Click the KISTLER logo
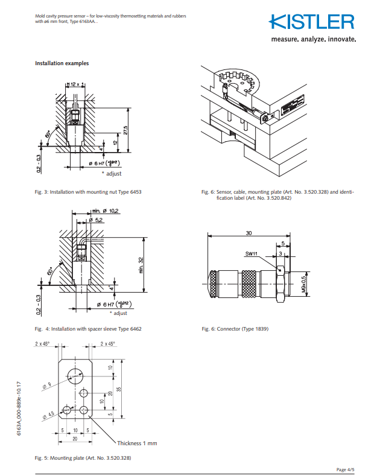click(x=312, y=22)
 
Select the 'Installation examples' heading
click(x=62, y=63)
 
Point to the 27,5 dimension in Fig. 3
click(x=125, y=130)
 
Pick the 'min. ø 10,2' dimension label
click(x=105, y=211)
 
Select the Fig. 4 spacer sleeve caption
click(x=88, y=329)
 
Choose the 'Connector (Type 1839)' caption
click(x=235, y=329)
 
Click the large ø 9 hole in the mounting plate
click(x=77, y=372)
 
